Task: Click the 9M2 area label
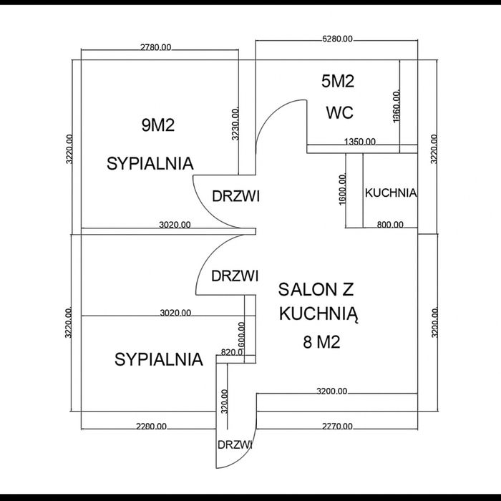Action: pos(159,126)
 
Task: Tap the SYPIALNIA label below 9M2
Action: pos(150,163)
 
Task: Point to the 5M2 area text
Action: pos(338,82)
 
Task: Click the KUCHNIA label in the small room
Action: pos(391,193)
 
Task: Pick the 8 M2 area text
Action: pos(321,342)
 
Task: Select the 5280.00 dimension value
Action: pos(337,39)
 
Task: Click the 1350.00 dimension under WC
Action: pos(359,142)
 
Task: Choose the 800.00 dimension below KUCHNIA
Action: pos(390,225)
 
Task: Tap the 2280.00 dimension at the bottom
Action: pos(151,426)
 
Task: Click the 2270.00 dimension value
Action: pos(337,426)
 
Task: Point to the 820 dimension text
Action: pos(229,352)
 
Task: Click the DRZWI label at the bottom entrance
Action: pos(235,444)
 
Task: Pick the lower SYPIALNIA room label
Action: pos(159,359)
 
